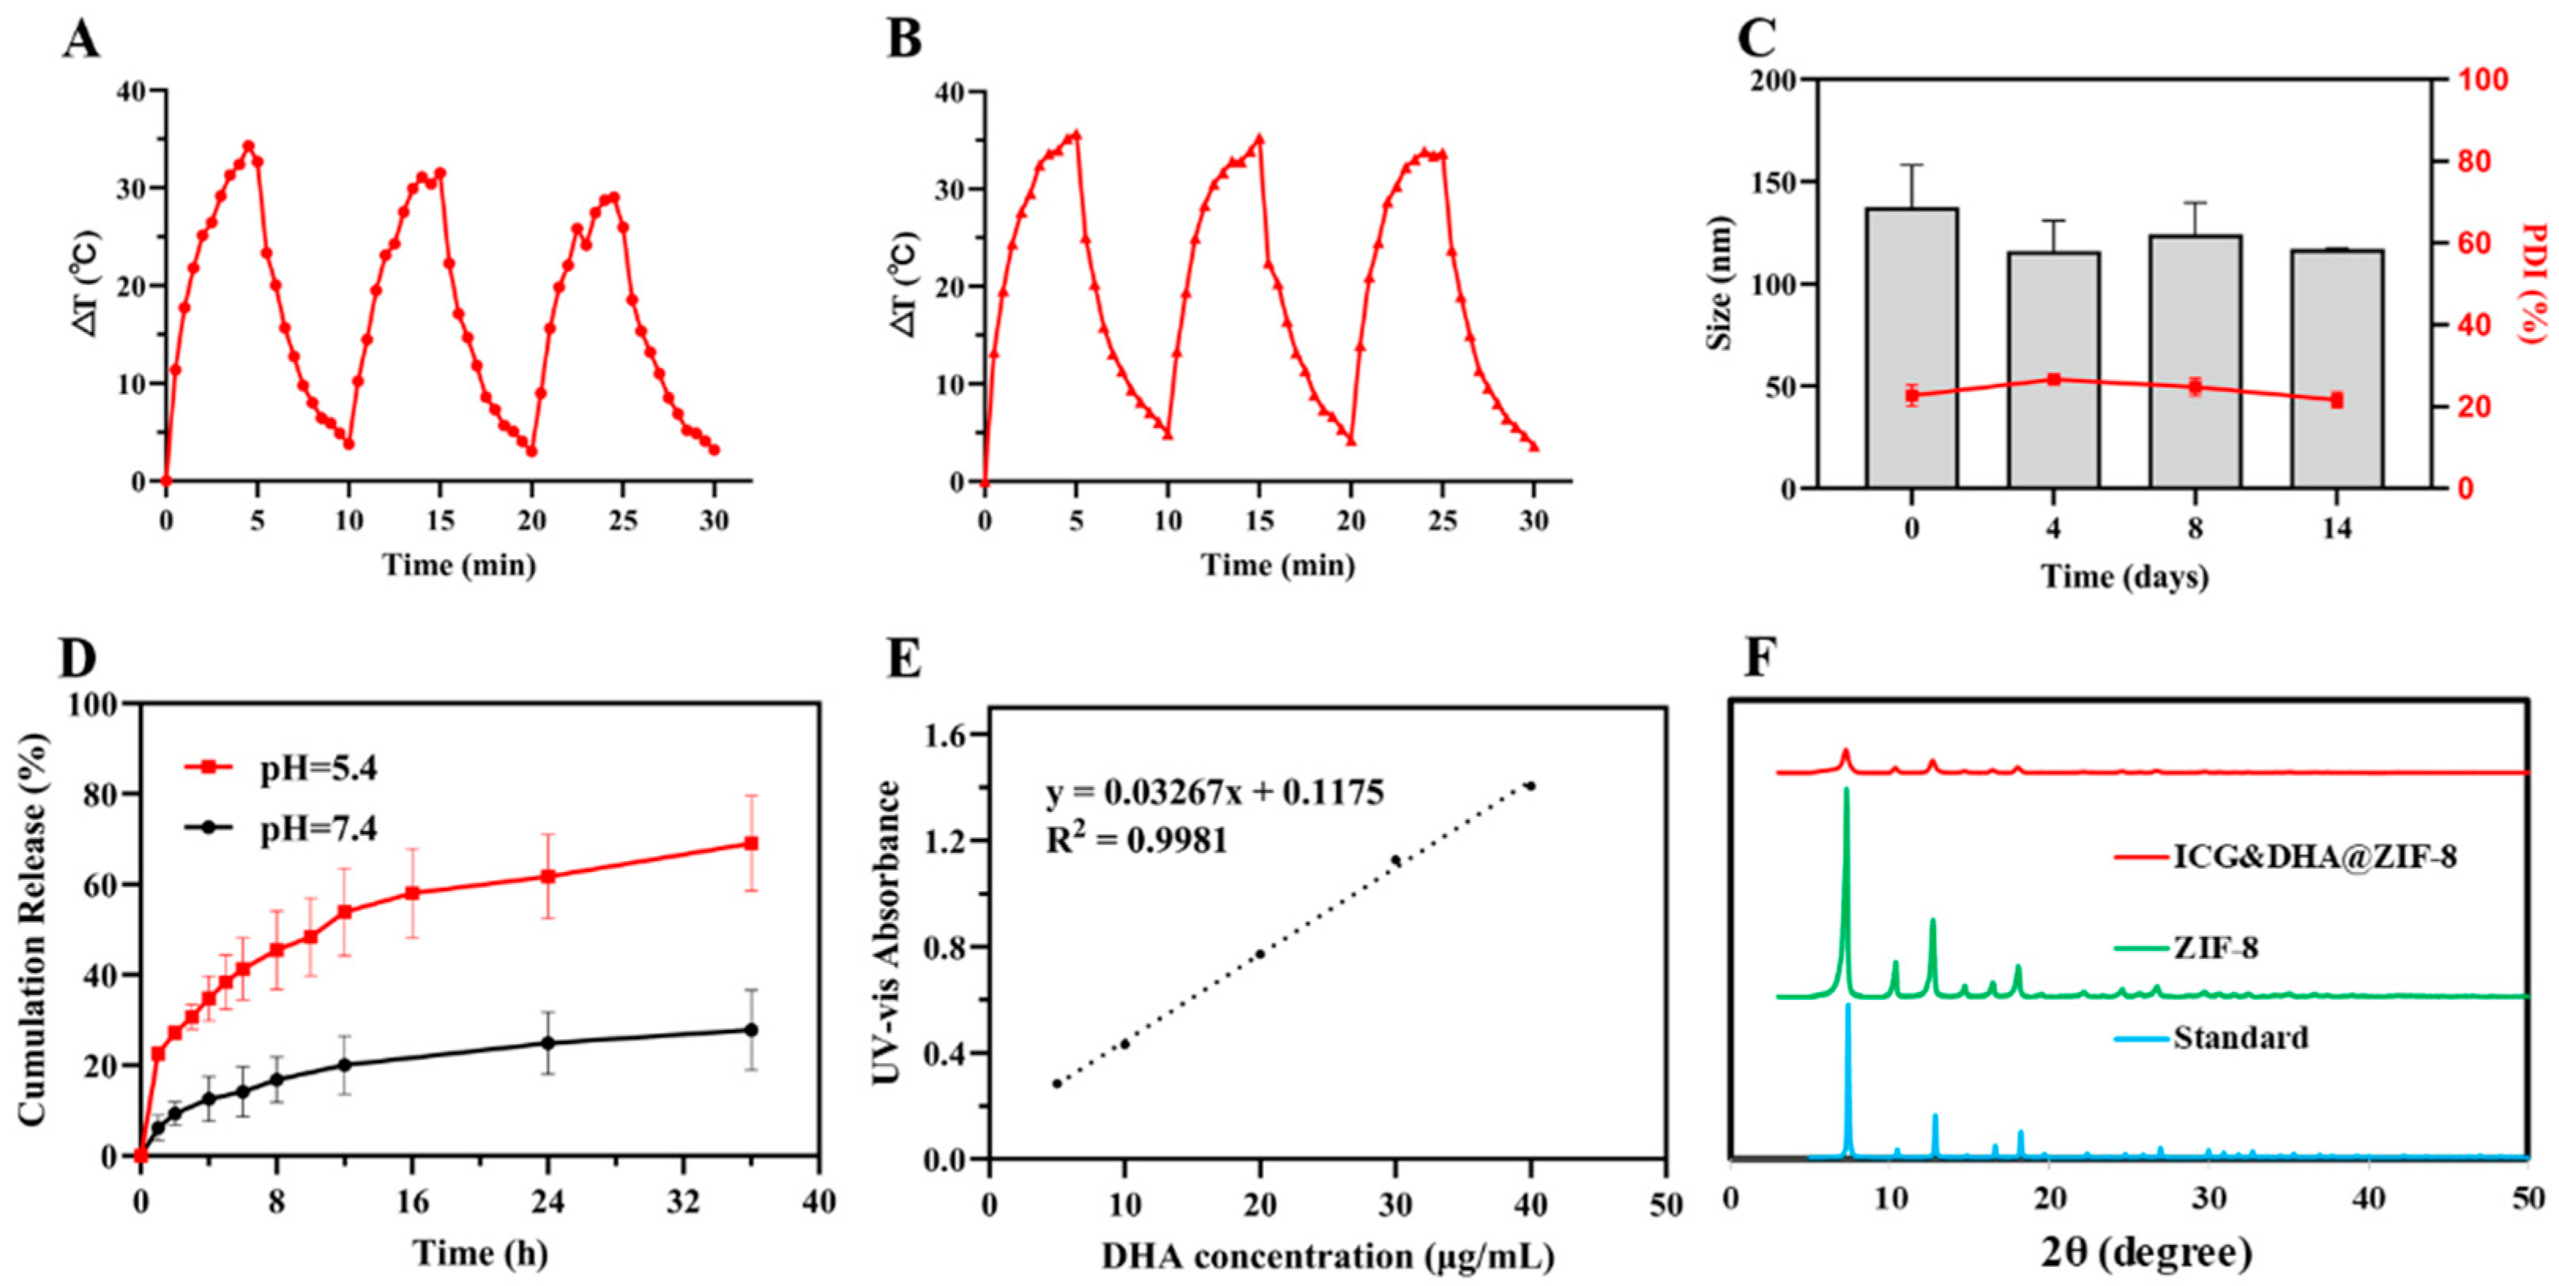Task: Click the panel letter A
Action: (x=80, y=41)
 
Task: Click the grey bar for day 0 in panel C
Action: (x=1912, y=348)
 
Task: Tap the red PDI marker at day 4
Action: (x=2054, y=379)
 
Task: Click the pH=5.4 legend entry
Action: (x=318, y=768)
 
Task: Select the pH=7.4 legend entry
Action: (x=318, y=828)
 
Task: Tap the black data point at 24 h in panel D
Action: (x=547, y=1042)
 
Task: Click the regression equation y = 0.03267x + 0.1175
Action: (x=1214, y=792)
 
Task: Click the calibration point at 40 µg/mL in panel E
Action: (x=1531, y=785)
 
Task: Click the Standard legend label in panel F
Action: (x=2240, y=1038)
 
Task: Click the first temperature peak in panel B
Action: (x=1076, y=134)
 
